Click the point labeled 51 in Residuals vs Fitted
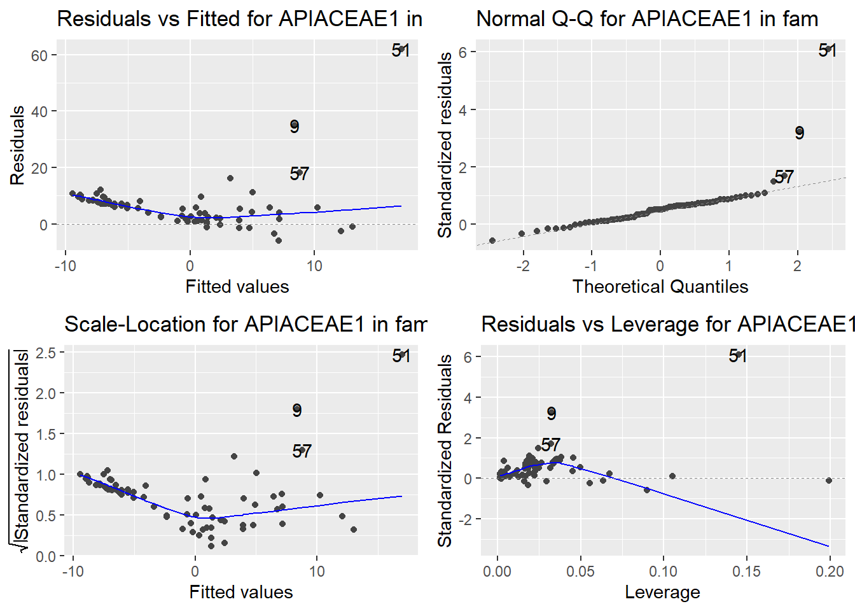pyautogui.click(x=401, y=49)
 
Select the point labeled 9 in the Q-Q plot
pyautogui.click(x=799, y=132)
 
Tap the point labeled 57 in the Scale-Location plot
pyautogui.click(x=302, y=450)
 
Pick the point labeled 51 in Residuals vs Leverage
pyautogui.click(x=738, y=355)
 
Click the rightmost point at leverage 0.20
pyautogui.click(x=829, y=481)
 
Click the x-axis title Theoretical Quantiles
pyautogui.click(x=660, y=286)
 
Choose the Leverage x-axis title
pyautogui.click(x=662, y=592)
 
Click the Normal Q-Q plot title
pyautogui.click(x=647, y=19)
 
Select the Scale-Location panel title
pyautogui.click(x=245, y=324)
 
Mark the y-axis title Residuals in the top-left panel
pyautogui.click(x=17, y=145)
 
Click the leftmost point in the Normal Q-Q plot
pyautogui.click(x=492, y=241)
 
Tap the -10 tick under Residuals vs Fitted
pyautogui.click(x=66, y=265)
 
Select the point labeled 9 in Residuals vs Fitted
pyautogui.click(x=294, y=125)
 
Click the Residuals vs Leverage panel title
pyautogui.click(x=667, y=324)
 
